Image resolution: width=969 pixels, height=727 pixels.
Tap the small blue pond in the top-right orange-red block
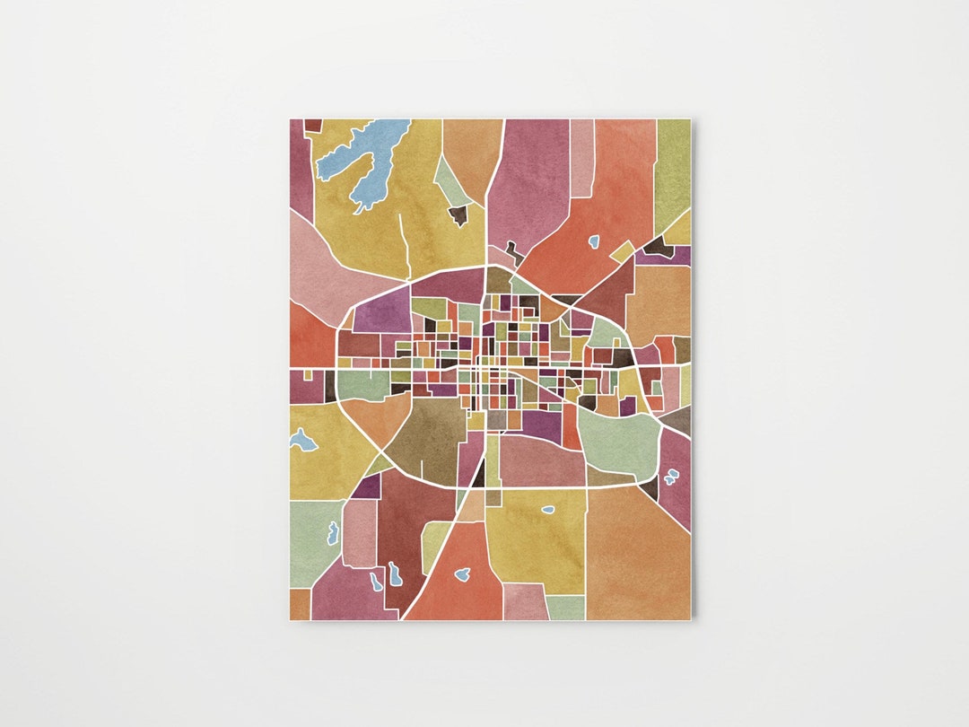pos(593,241)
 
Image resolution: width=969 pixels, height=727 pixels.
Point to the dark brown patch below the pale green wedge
pos(458,215)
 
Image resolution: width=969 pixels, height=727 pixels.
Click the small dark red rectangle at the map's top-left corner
pos(312,125)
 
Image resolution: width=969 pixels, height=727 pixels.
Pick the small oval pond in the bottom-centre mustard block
pos(548,510)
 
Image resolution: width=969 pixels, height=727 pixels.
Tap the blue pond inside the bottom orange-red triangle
pos(463,574)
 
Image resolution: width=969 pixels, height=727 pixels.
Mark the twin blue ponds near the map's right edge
pos(669,479)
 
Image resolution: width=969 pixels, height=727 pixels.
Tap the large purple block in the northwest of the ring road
pos(381,311)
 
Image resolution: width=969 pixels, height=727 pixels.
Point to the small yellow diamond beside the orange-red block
pos(623,251)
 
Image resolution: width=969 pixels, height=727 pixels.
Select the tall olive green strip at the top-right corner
pos(672,171)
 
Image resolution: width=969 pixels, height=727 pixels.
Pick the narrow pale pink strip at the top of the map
pos(582,157)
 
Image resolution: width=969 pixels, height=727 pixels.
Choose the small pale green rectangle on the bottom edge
pos(565,608)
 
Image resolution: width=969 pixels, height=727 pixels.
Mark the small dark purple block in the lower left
pos(365,486)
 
